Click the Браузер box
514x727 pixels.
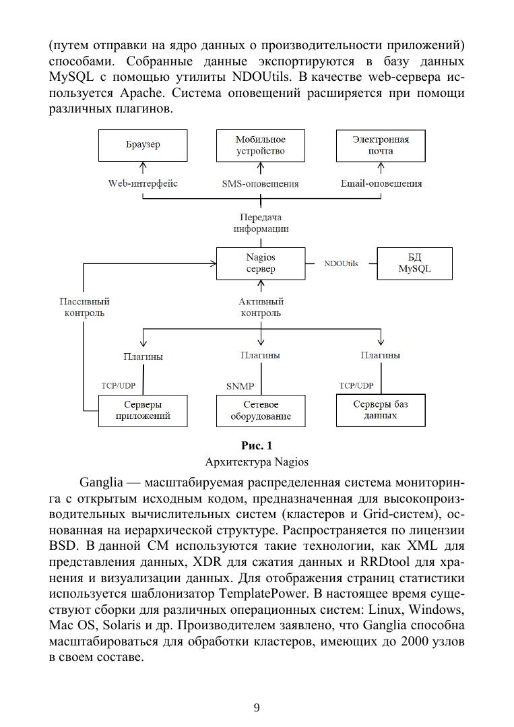(143, 145)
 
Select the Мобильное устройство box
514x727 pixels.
(260, 145)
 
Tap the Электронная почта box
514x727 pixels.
(381, 145)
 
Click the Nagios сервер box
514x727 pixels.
(260, 263)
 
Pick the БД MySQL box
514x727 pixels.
(414, 263)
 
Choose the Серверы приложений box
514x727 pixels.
(143, 410)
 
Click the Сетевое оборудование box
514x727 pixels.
(260, 410)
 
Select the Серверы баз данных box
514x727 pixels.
(381, 410)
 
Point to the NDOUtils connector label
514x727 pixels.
(341, 263)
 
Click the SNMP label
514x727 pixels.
(240, 387)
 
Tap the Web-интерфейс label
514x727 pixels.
(143, 183)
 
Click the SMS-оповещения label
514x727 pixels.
(260, 183)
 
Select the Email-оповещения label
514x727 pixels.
(381, 183)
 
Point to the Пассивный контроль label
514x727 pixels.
(84, 307)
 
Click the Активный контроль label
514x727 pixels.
(261, 307)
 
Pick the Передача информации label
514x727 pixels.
(261, 222)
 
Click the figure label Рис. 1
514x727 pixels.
(257, 445)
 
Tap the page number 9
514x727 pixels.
(257, 707)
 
